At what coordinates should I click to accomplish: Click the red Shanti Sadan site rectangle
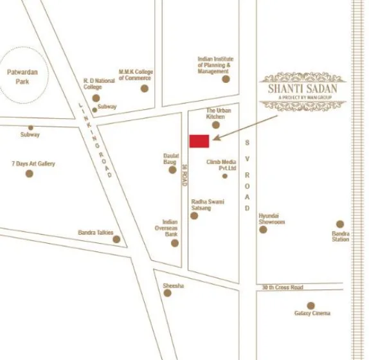[199, 141]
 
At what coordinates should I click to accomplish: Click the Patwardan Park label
[22, 76]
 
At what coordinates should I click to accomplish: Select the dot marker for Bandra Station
[340, 224]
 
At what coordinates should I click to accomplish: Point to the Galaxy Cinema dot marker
[311, 305]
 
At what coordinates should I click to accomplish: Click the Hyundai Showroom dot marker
[263, 229]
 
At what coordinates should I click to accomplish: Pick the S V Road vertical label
[247, 175]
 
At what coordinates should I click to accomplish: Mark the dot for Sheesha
[167, 293]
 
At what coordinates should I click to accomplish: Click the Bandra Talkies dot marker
[116, 239]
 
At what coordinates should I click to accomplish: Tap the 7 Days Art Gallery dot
[29, 174]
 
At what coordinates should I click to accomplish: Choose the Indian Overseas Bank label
[170, 228]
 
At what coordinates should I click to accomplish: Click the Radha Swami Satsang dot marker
[195, 216]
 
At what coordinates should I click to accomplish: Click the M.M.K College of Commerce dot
[145, 88]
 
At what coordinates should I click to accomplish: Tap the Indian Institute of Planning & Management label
[214, 65]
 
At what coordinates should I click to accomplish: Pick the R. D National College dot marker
[96, 98]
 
